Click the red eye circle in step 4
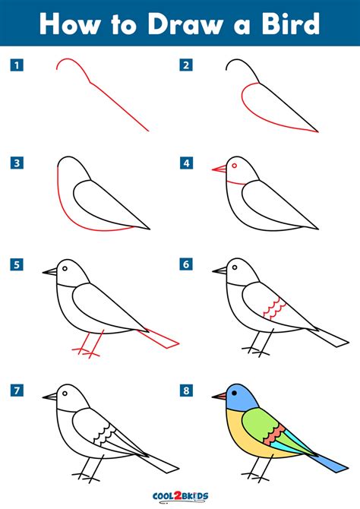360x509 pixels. coord(234,166)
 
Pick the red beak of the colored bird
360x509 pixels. coord(219,396)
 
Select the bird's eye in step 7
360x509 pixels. coord(65,394)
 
